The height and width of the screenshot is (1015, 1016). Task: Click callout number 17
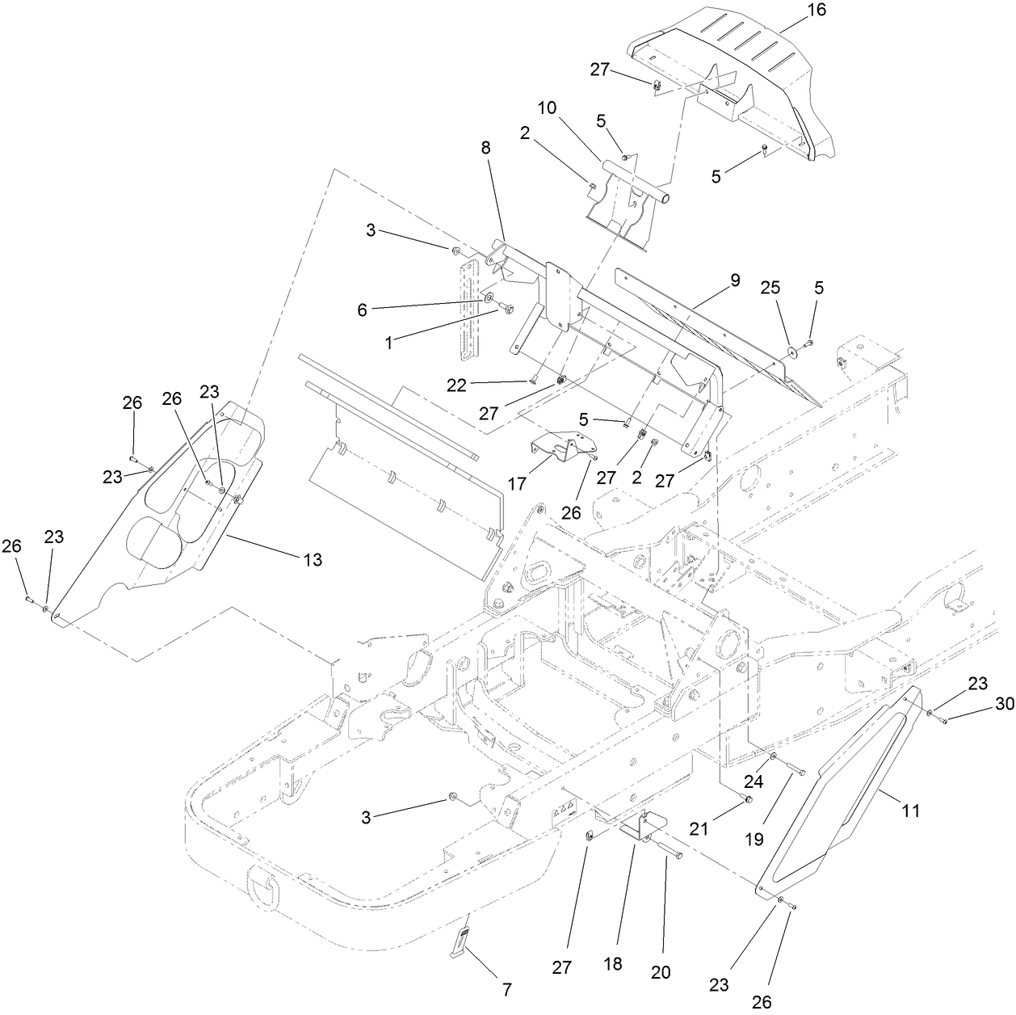517,483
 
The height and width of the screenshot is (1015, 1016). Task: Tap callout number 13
312,559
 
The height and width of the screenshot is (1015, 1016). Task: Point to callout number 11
910,810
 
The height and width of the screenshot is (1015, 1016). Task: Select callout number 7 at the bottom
506,988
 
